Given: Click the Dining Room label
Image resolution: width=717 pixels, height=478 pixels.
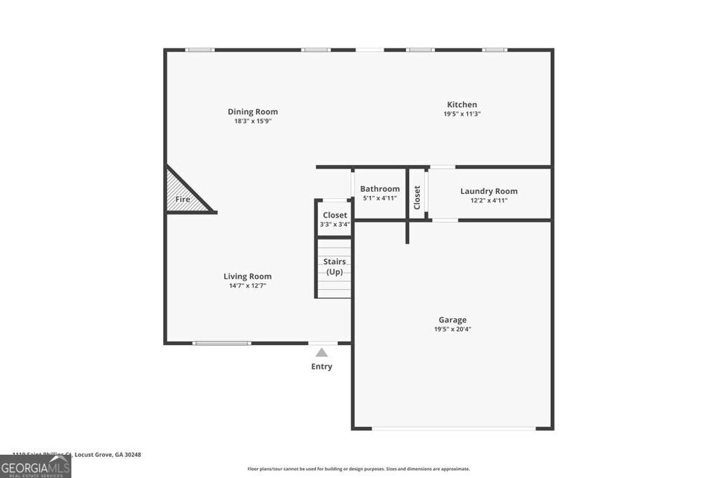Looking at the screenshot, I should [x=253, y=111].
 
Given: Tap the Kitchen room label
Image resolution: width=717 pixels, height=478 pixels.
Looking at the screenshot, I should [x=462, y=104].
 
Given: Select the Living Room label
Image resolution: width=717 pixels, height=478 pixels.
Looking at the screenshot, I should [x=247, y=276].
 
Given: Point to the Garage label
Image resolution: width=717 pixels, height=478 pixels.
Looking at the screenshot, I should [x=452, y=320].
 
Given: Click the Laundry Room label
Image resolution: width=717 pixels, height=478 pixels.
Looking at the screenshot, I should [x=489, y=191].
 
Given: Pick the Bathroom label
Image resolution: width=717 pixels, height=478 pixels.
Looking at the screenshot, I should [x=380, y=189].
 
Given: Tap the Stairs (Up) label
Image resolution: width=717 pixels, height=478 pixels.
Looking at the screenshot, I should [x=335, y=267].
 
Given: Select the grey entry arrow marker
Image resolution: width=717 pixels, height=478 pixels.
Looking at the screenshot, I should [x=321, y=352].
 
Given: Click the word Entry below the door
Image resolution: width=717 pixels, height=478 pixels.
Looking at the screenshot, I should [x=321, y=367].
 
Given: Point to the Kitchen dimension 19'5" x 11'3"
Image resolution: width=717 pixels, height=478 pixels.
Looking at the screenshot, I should [x=462, y=114].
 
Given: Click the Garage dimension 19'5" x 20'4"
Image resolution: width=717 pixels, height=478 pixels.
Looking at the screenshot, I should [x=452, y=329].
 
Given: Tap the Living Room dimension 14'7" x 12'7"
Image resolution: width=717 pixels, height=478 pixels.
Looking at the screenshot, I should [x=247, y=286].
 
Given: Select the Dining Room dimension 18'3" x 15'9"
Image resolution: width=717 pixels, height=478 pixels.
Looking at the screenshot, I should [x=253, y=121].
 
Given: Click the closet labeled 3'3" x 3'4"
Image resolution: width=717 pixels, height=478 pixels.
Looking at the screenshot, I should [x=335, y=219].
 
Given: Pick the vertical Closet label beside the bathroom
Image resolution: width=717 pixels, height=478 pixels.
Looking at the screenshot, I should [x=417, y=197].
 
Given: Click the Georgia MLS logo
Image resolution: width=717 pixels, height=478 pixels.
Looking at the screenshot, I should [x=35, y=466].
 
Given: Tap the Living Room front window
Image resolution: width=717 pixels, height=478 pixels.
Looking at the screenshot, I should [x=222, y=343].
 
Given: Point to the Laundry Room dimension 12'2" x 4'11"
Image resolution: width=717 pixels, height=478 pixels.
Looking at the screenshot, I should [x=489, y=200].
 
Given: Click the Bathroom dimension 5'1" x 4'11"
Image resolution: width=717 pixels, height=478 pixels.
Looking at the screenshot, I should [x=380, y=198].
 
